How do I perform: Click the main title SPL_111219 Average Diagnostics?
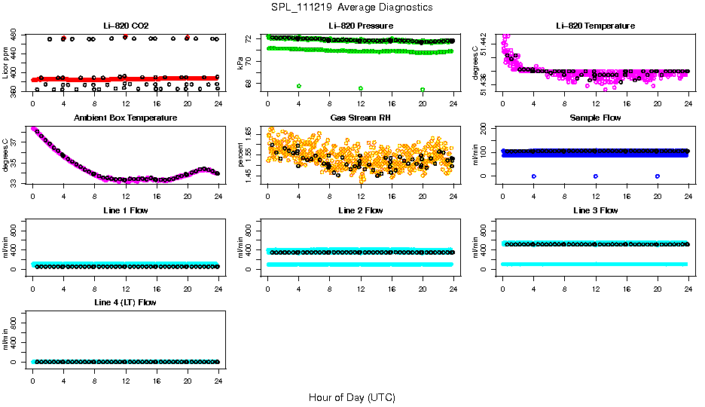[x=352, y=7]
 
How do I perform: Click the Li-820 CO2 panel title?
[x=125, y=26]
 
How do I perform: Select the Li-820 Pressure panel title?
[x=360, y=26]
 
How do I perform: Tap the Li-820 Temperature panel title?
[x=595, y=26]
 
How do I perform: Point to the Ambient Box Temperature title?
[x=125, y=118]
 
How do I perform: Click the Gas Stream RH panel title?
[x=360, y=118]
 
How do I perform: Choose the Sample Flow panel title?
[x=595, y=118]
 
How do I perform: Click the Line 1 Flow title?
[x=125, y=210]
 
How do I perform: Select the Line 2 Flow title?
[x=360, y=210]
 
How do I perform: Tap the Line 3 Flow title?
[x=595, y=210]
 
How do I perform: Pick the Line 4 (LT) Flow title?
[x=125, y=302]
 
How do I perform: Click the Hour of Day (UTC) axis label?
[x=352, y=397]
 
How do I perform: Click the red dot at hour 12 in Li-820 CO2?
[x=125, y=37]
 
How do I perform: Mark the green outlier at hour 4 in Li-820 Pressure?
[x=299, y=86]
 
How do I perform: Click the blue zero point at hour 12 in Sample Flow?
[x=596, y=176]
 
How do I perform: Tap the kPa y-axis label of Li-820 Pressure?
[x=240, y=63]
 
